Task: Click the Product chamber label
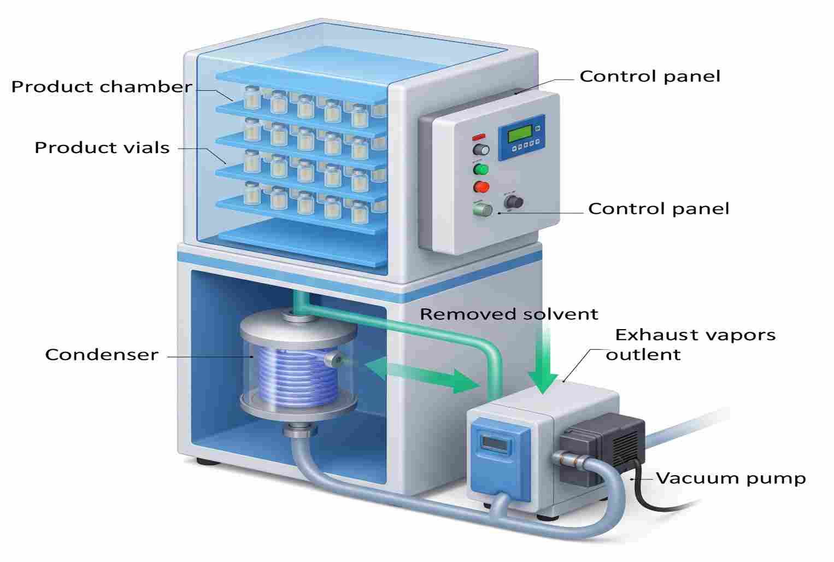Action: [x=102, y=87]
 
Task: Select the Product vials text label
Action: [x=102, y=148]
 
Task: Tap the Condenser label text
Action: [x=102, y=355]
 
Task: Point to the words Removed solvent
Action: [x=509, y=314]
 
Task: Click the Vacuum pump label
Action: [x=731, y=478]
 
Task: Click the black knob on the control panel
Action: [x=514, y=202]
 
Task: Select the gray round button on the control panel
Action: [x=481, y=150]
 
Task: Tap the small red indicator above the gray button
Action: [x=479, y=137]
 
